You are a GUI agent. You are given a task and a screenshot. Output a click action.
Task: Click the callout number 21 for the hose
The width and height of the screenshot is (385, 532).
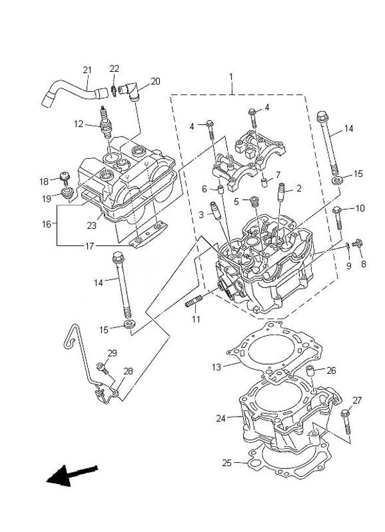[x=87, y=70]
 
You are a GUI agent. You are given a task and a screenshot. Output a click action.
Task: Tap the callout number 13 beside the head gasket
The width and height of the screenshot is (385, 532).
[x=216, y=367]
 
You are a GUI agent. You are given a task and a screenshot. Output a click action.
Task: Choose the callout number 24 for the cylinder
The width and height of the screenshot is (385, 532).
[x=221, y=419]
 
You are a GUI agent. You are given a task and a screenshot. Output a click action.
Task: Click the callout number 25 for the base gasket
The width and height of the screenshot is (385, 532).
[x=226, y=462]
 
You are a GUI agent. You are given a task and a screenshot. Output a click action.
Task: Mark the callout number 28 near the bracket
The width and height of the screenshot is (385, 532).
[x=128, y=371]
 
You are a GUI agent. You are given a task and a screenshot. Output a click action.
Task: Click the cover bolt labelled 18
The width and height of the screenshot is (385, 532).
[x=64, y=177]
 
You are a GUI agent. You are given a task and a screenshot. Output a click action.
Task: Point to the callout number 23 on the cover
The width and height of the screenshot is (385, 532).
[x=92, y=225]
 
